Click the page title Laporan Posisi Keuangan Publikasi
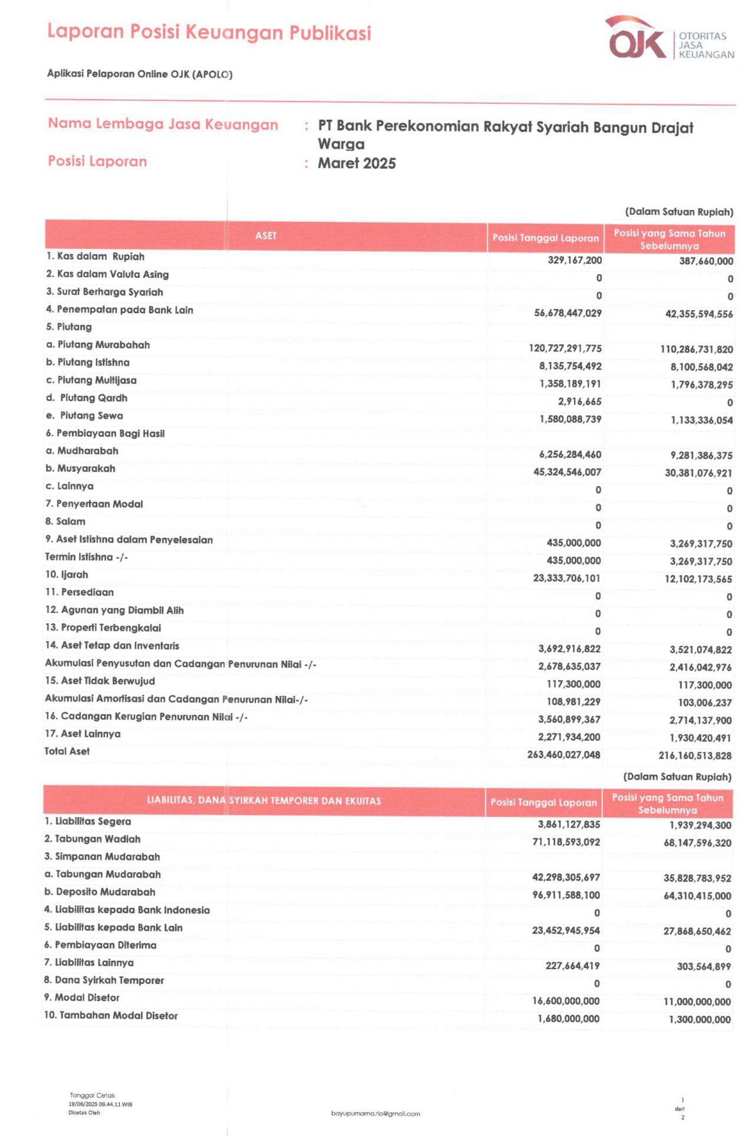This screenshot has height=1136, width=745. [209, 32]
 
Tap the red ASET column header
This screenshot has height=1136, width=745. [265, 235]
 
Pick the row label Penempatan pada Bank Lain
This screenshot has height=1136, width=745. [119, 310]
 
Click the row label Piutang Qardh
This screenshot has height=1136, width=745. [87, 398]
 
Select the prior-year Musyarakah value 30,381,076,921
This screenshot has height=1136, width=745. [698, 473]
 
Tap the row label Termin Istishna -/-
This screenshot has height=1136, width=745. [87, 557]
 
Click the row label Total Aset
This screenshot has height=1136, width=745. [67, 751]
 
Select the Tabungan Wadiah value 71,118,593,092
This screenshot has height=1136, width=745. [566, 842]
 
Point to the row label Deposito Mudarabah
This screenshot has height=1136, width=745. [100, 891]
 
